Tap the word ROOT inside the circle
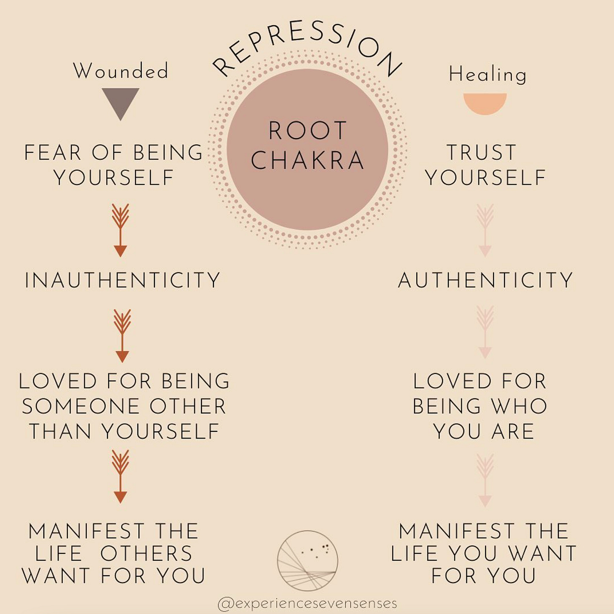307,130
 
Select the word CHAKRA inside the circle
307,160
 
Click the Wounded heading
121,70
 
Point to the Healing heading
487,75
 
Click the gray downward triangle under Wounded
121,101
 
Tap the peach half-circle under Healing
485,102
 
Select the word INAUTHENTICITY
122,280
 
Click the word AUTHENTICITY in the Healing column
485,280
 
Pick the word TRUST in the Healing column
481,153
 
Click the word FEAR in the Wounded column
52,153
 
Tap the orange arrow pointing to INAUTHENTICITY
121,230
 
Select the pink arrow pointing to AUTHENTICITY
485,230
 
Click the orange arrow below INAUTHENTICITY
122,336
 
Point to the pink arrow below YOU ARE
485,480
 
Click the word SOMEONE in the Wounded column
79,407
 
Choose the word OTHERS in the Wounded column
146,554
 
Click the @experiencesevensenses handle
307,603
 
